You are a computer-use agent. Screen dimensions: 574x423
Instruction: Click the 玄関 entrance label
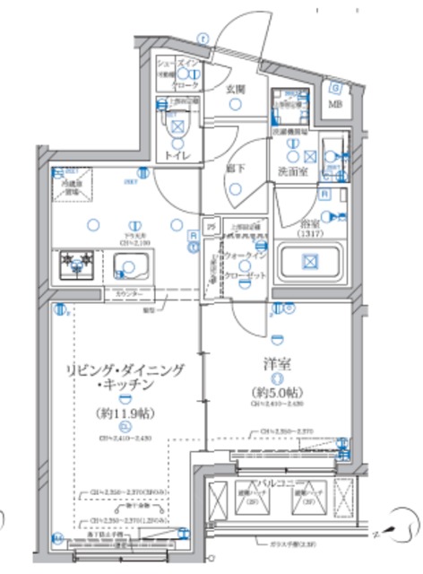(235, 89)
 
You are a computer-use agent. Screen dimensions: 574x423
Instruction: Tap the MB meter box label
(334, 104)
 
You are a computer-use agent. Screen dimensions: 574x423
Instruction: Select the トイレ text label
(176, 156)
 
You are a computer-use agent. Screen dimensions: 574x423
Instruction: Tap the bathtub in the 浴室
(308, 263)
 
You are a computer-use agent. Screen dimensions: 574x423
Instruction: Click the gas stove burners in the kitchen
(77, 265)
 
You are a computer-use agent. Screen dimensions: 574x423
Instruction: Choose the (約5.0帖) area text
(277, 392)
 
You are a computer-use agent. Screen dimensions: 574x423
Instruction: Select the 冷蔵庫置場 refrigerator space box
(72, 187)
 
